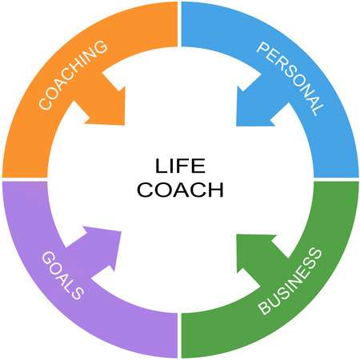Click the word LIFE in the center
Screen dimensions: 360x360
[x=180, y=166]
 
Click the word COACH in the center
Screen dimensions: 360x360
[x=180, y=190]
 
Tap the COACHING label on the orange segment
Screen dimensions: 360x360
[x=73, y=74]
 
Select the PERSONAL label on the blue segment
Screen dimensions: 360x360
[x=290, y=78]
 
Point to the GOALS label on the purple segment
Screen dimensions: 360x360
[x=62, y=275]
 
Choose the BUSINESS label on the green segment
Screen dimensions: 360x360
[x=290, y=281]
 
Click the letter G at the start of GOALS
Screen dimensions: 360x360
[x=48, y=258]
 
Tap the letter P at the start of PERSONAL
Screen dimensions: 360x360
[x=262, y=49]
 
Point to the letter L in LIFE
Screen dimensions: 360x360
[x=161, y=166]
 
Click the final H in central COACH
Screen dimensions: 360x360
[x=217, y=190]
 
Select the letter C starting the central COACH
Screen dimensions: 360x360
[x=144, y=190]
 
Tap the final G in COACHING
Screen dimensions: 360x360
[x=100, y=47]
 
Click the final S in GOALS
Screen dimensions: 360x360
[x=78, y=293]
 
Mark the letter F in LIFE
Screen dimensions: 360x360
[x=182, y=166]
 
